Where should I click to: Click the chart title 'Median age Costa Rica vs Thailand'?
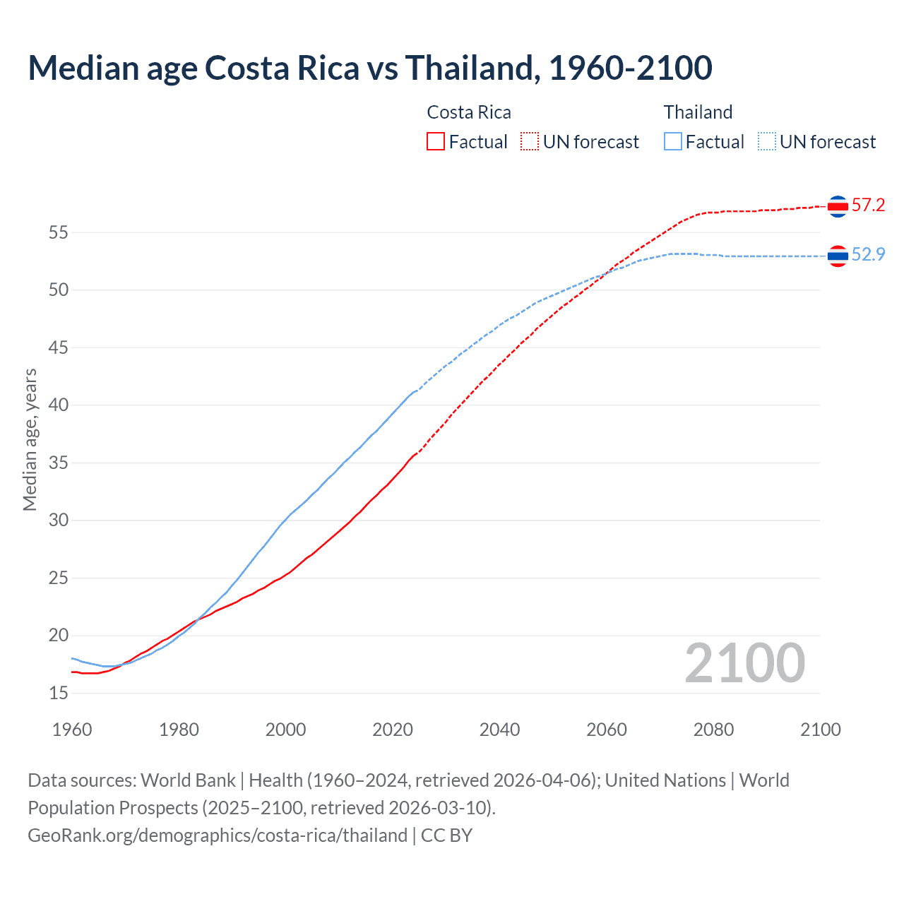[369, 68]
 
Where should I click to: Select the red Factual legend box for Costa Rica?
[436, 142]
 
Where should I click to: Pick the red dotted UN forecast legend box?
[530, 142]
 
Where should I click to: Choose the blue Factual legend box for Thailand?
[673, 142]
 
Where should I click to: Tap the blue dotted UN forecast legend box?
[766, 142]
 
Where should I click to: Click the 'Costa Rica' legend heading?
[469, 112]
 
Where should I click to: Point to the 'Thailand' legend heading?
[698, 112]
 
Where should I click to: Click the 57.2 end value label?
[868, 206]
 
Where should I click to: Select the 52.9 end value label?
[868, 255]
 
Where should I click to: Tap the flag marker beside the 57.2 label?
[838, 206]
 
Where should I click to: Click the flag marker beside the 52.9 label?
[838, 256]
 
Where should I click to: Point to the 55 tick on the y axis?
[59, 232]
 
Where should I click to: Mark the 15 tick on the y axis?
[59, 694]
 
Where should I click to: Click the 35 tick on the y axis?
[59, 463]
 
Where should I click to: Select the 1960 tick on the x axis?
[72, 730]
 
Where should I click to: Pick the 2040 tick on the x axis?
[499, 730]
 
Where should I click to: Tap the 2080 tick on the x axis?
[713, 730]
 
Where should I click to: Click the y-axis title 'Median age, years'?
[30, 439]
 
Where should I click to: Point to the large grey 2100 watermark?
[744, 663]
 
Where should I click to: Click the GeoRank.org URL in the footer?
[218, 835]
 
